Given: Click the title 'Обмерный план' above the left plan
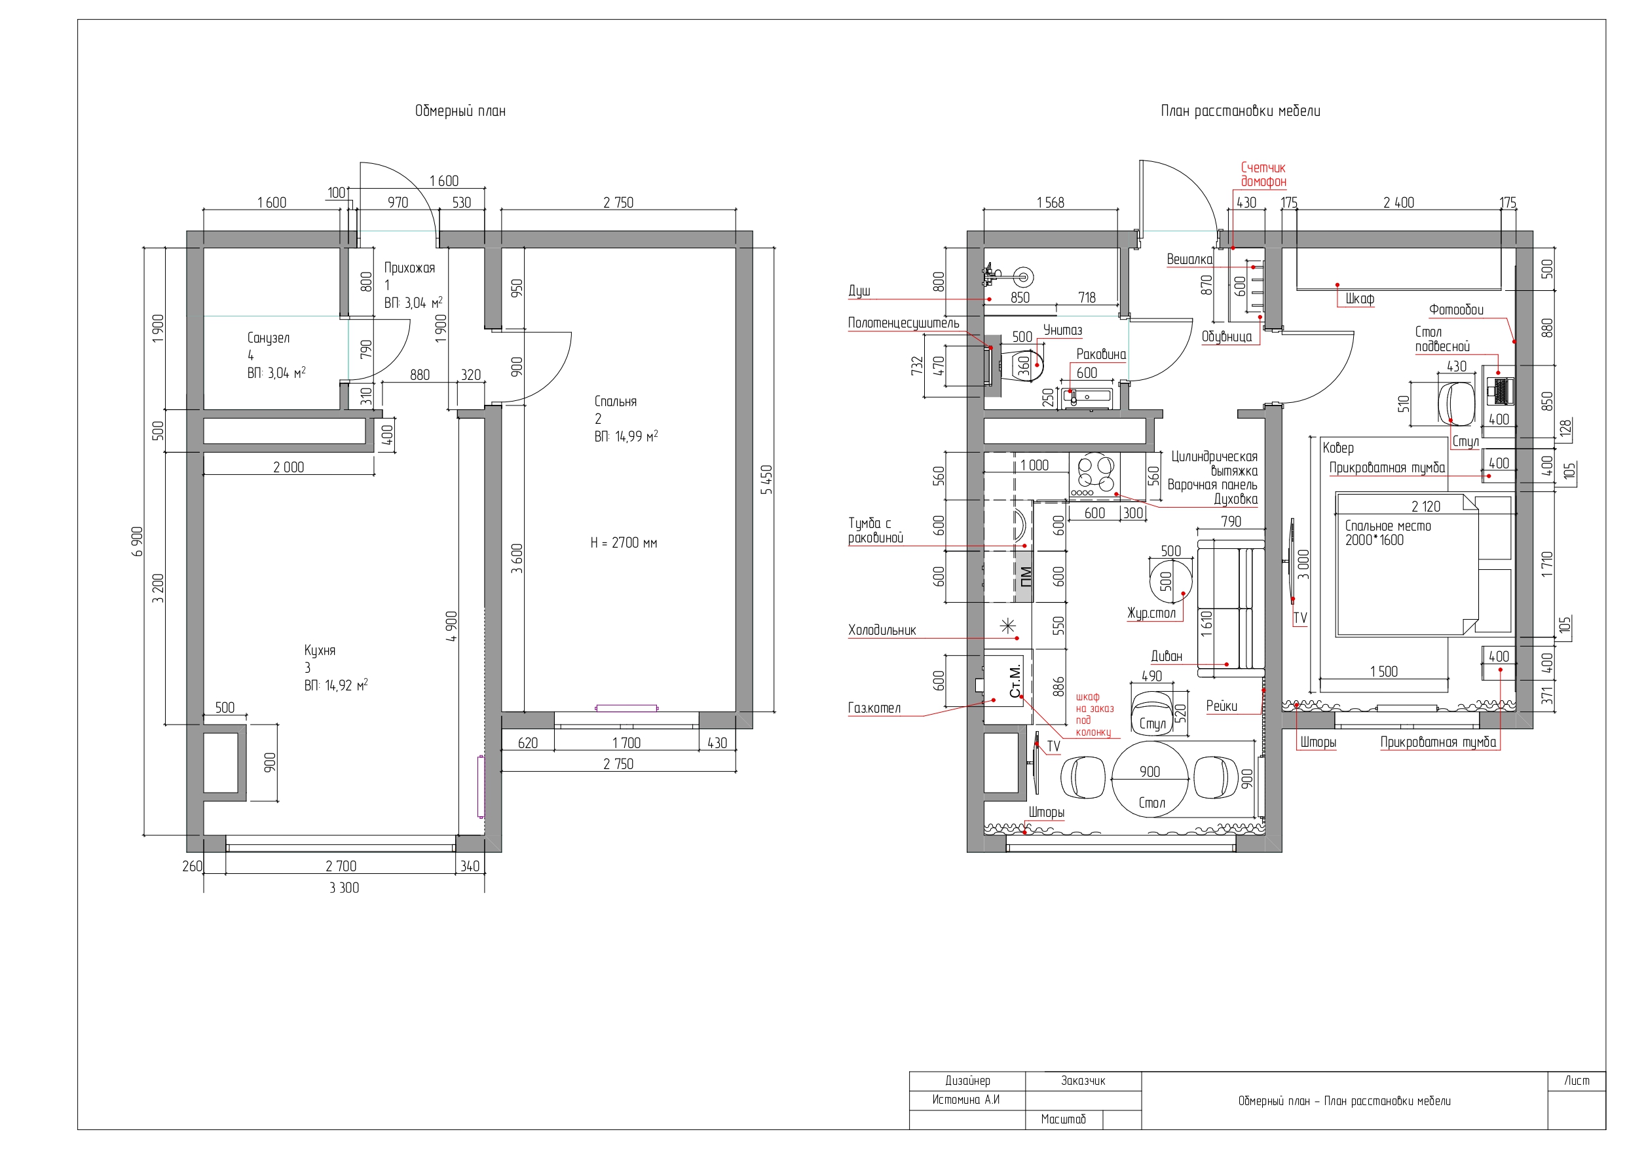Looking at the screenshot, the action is tap(460, 111).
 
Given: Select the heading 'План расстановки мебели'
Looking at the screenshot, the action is tap(1240, 111).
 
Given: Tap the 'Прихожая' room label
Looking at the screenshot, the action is tap(409, 268).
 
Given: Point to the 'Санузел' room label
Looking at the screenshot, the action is tap(269, 338).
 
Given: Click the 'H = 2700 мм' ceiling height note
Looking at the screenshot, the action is tap(624, 543).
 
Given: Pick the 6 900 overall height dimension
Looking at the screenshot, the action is tap(138, 542).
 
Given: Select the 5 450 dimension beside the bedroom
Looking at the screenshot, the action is tap(766, 480).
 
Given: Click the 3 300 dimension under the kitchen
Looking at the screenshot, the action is tap(344, 888).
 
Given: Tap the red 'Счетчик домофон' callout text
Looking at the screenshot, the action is tap(1263, 175).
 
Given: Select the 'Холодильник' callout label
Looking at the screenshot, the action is tap(882, 630).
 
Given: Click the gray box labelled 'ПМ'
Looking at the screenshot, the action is tap(1024, 576).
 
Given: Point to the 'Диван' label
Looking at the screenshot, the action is tap(1167, 656).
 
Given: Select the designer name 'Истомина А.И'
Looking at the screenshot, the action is tap(965, 1099).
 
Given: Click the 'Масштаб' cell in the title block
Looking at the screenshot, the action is tap(1063, 1120).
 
